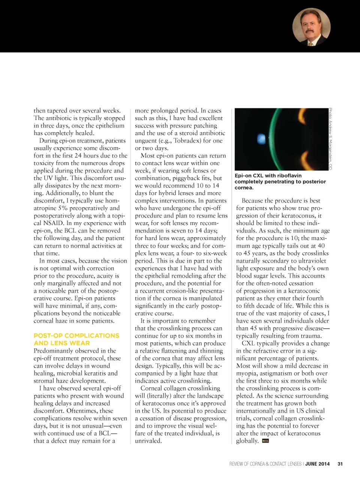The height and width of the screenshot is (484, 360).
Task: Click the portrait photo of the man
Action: coord(311,27)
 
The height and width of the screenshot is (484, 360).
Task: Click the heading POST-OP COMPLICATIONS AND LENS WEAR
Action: coord(76,339)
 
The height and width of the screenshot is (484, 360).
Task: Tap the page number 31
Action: coord(340,464)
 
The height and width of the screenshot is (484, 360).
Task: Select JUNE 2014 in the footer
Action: coord(317,464)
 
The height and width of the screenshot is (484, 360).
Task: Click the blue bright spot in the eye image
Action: coord(261,139)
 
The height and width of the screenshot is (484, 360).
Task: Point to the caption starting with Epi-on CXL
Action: coord(280,181)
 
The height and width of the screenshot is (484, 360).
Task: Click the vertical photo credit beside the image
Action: coord(330,139)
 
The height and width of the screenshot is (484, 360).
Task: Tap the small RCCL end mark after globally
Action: coord(265,441)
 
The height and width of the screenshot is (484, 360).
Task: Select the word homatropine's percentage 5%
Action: coord(63,208)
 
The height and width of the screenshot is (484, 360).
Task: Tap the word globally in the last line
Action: coord(247,441)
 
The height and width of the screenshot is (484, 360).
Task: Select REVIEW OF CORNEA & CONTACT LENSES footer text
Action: coord(265,464)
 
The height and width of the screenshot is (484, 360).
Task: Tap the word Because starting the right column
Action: coord(253,201)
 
